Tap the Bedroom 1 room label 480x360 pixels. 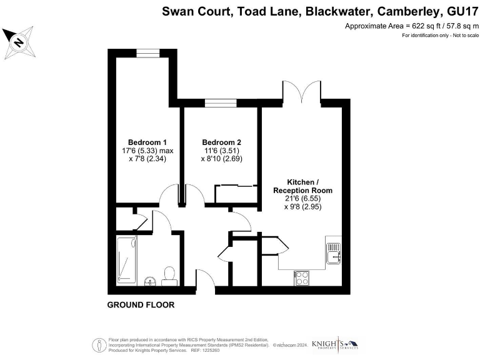click(142, 142)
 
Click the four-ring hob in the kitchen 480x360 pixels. click(301, 277)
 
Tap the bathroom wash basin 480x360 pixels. click(149, 280)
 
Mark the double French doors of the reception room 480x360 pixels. click(302, 94)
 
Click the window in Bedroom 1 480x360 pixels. click(147, 53)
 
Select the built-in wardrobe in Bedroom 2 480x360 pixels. click(236, 194)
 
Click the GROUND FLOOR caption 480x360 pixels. click(141, 305)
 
